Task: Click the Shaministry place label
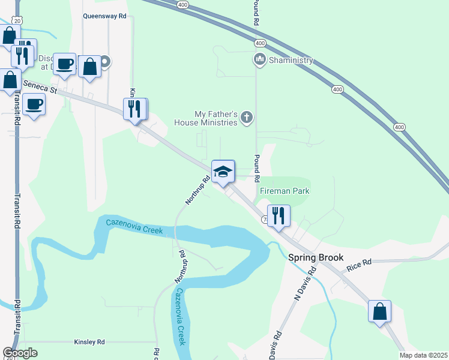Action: click(x=291, y=60)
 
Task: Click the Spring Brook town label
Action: click(x=316, y=257)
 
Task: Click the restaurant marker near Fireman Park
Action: click(x=279, y=215)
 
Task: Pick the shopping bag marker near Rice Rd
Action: click(x=379, y=311)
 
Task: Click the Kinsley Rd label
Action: click(x=89, y=342)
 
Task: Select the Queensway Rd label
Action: click(x=105, y=17)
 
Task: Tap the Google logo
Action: click(x=20, y=353)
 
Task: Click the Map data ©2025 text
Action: click(x=423, y=355)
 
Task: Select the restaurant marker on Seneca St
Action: click(x=135, y=109)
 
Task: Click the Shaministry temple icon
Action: click(x=260, y=60)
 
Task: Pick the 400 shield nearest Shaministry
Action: click(x=260, y=43)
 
